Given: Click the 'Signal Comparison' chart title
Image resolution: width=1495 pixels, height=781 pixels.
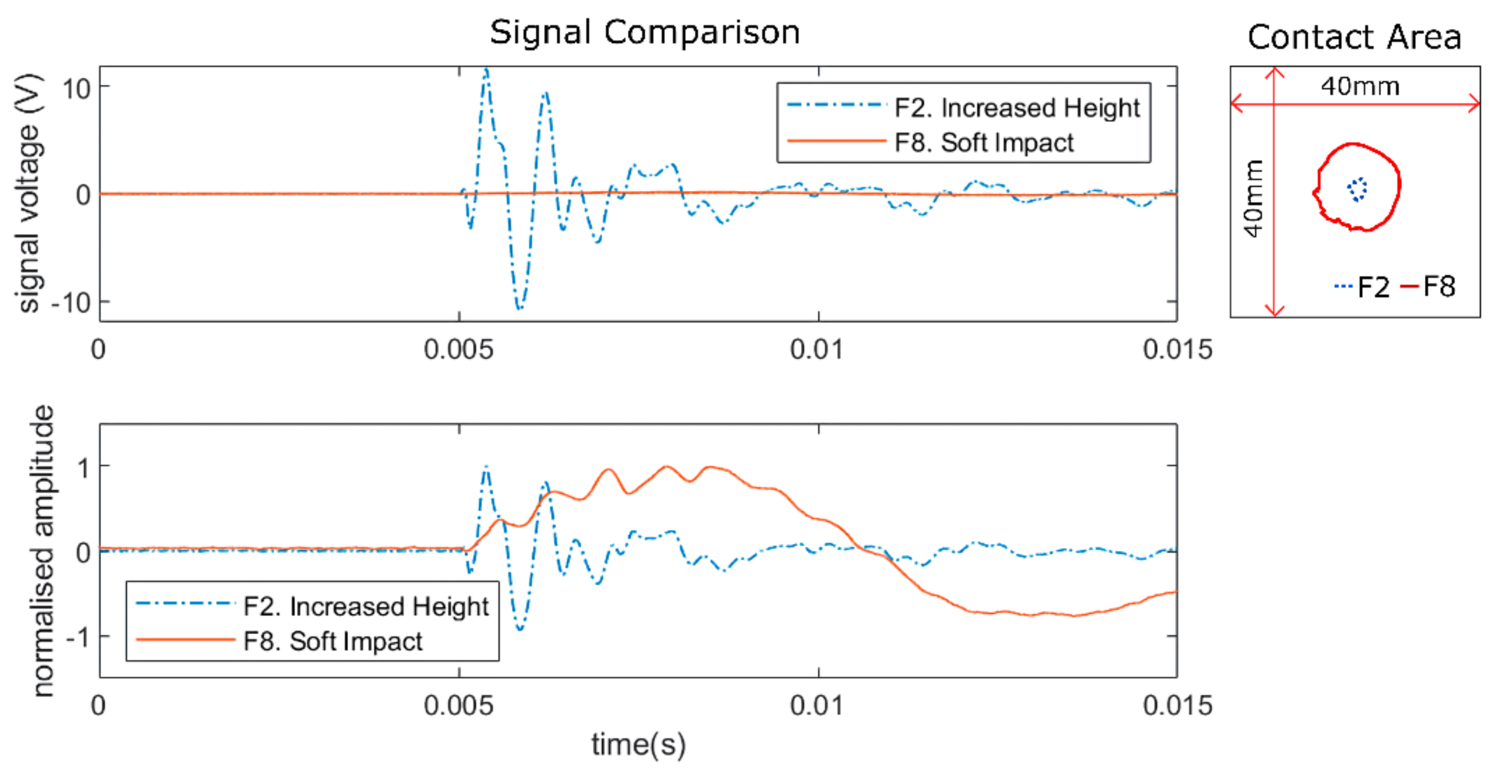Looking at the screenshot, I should pos(644,33).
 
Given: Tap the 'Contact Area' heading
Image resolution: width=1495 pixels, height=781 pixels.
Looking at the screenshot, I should pos(1354,38).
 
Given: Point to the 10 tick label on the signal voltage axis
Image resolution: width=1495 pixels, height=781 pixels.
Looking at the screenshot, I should pos(77,89).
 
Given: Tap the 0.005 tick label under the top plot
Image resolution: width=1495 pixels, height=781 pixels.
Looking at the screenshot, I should pos(458,350).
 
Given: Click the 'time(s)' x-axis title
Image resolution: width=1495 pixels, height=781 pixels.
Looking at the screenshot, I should pos(638,745).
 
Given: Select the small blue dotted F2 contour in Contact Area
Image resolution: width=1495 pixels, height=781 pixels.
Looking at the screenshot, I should pos(1357,189).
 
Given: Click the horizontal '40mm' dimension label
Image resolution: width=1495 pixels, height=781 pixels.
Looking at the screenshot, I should pos(1360,86).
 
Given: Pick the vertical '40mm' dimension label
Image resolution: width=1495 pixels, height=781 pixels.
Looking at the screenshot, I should pos(1253,199).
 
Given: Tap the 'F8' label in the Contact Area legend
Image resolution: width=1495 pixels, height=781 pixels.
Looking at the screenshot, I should pos(1440,287).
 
